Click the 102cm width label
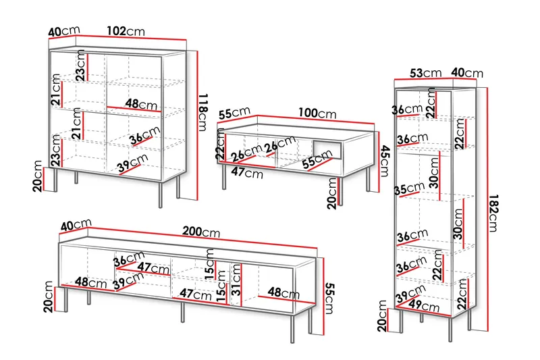[x=126, y=31]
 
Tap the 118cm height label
[x=203, y=112]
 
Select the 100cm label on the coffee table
[x=317, y=113]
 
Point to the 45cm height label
[x=385, y=161]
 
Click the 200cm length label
[x=201, y=232]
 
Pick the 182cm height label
[x=493, y=213]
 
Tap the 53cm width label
[x=425, y=73]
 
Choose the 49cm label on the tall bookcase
[x=424, y=305]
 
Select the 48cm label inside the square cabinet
[x=141, y=103]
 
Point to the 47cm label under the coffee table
[x=247, y=172]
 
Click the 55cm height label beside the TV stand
[x=329, y=299]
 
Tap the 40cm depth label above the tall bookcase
[x=467, y=73]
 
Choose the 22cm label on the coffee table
[x=221, y=147]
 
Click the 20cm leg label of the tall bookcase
[x=382, y=316]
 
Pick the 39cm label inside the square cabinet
[x=132, y=163]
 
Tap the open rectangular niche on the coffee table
[x=327, y=150]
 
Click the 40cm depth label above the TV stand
[x=76, y=225]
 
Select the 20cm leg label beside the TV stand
[x=48, y=297]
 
